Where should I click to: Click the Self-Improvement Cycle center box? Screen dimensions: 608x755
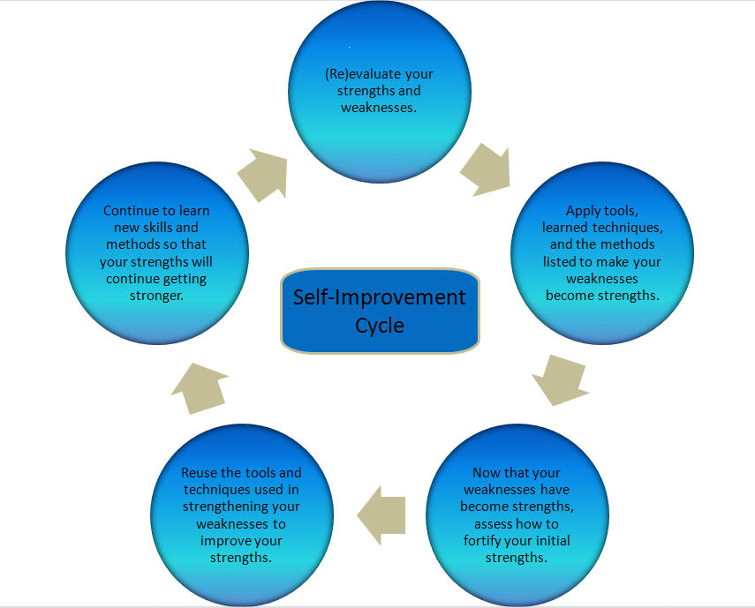tap(380, 311)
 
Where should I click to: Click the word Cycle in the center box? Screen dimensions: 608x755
tap(380, 325)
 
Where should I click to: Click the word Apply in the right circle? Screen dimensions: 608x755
tap(582, 211)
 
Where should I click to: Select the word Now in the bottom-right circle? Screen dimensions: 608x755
tap(487, 473)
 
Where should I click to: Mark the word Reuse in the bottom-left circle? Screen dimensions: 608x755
tap(200, 473)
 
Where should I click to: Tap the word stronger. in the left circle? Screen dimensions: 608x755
tap(156, 296)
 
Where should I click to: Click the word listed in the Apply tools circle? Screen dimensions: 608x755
tap(562, 261)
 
